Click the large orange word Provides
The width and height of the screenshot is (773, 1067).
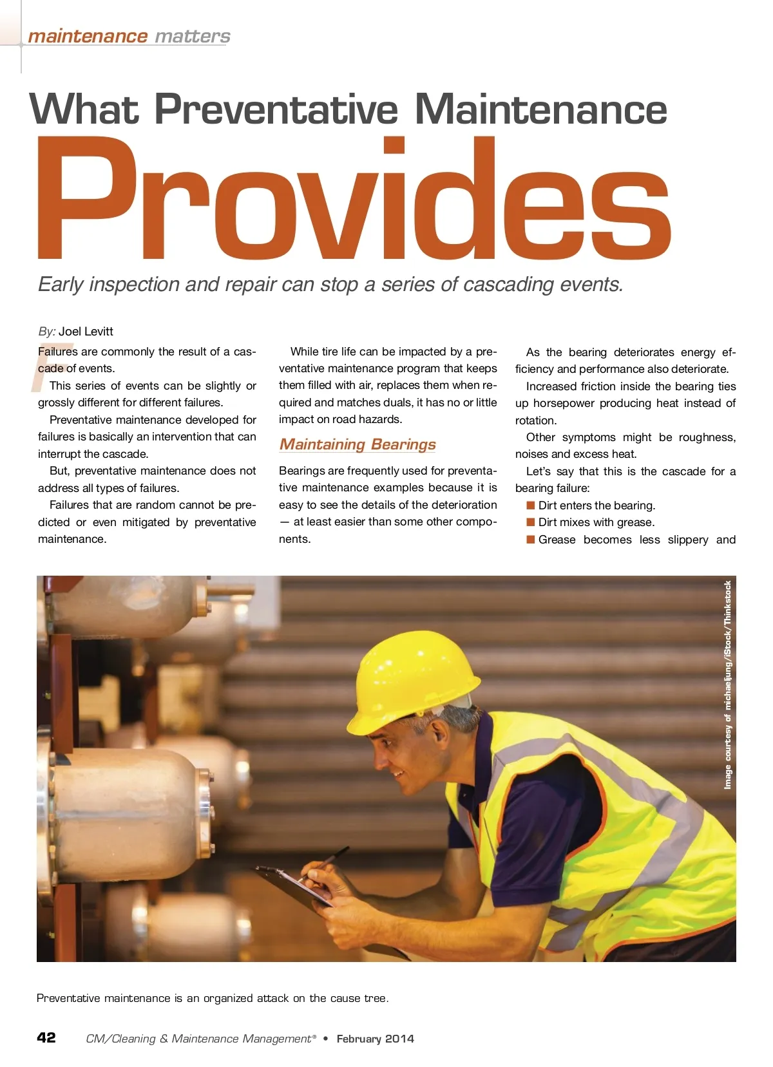tap(354, 200)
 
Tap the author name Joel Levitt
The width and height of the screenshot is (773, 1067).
tap(86, 332)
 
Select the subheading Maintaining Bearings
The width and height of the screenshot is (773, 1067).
tap(358, 444)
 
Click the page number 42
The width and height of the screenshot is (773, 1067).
tap(46, 1037)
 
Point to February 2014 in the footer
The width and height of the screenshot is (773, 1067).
tap(375, 1039)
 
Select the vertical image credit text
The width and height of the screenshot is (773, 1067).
tap(728, 685)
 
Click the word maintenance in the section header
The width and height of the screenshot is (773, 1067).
tap(88, 37)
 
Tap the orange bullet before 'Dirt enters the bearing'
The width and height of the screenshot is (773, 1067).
tap(531, 505)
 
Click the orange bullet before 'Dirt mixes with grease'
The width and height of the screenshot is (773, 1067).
tap(531, 522)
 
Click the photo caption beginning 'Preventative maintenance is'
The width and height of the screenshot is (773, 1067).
tap(213, 998)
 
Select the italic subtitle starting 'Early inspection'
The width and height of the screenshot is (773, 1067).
tap(330, 285)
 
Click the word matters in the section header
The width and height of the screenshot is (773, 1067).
tap(192, 37)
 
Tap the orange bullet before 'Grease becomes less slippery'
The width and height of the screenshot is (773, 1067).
tap(531, 540)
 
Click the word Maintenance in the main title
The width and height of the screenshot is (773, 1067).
tap(540, 109)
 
